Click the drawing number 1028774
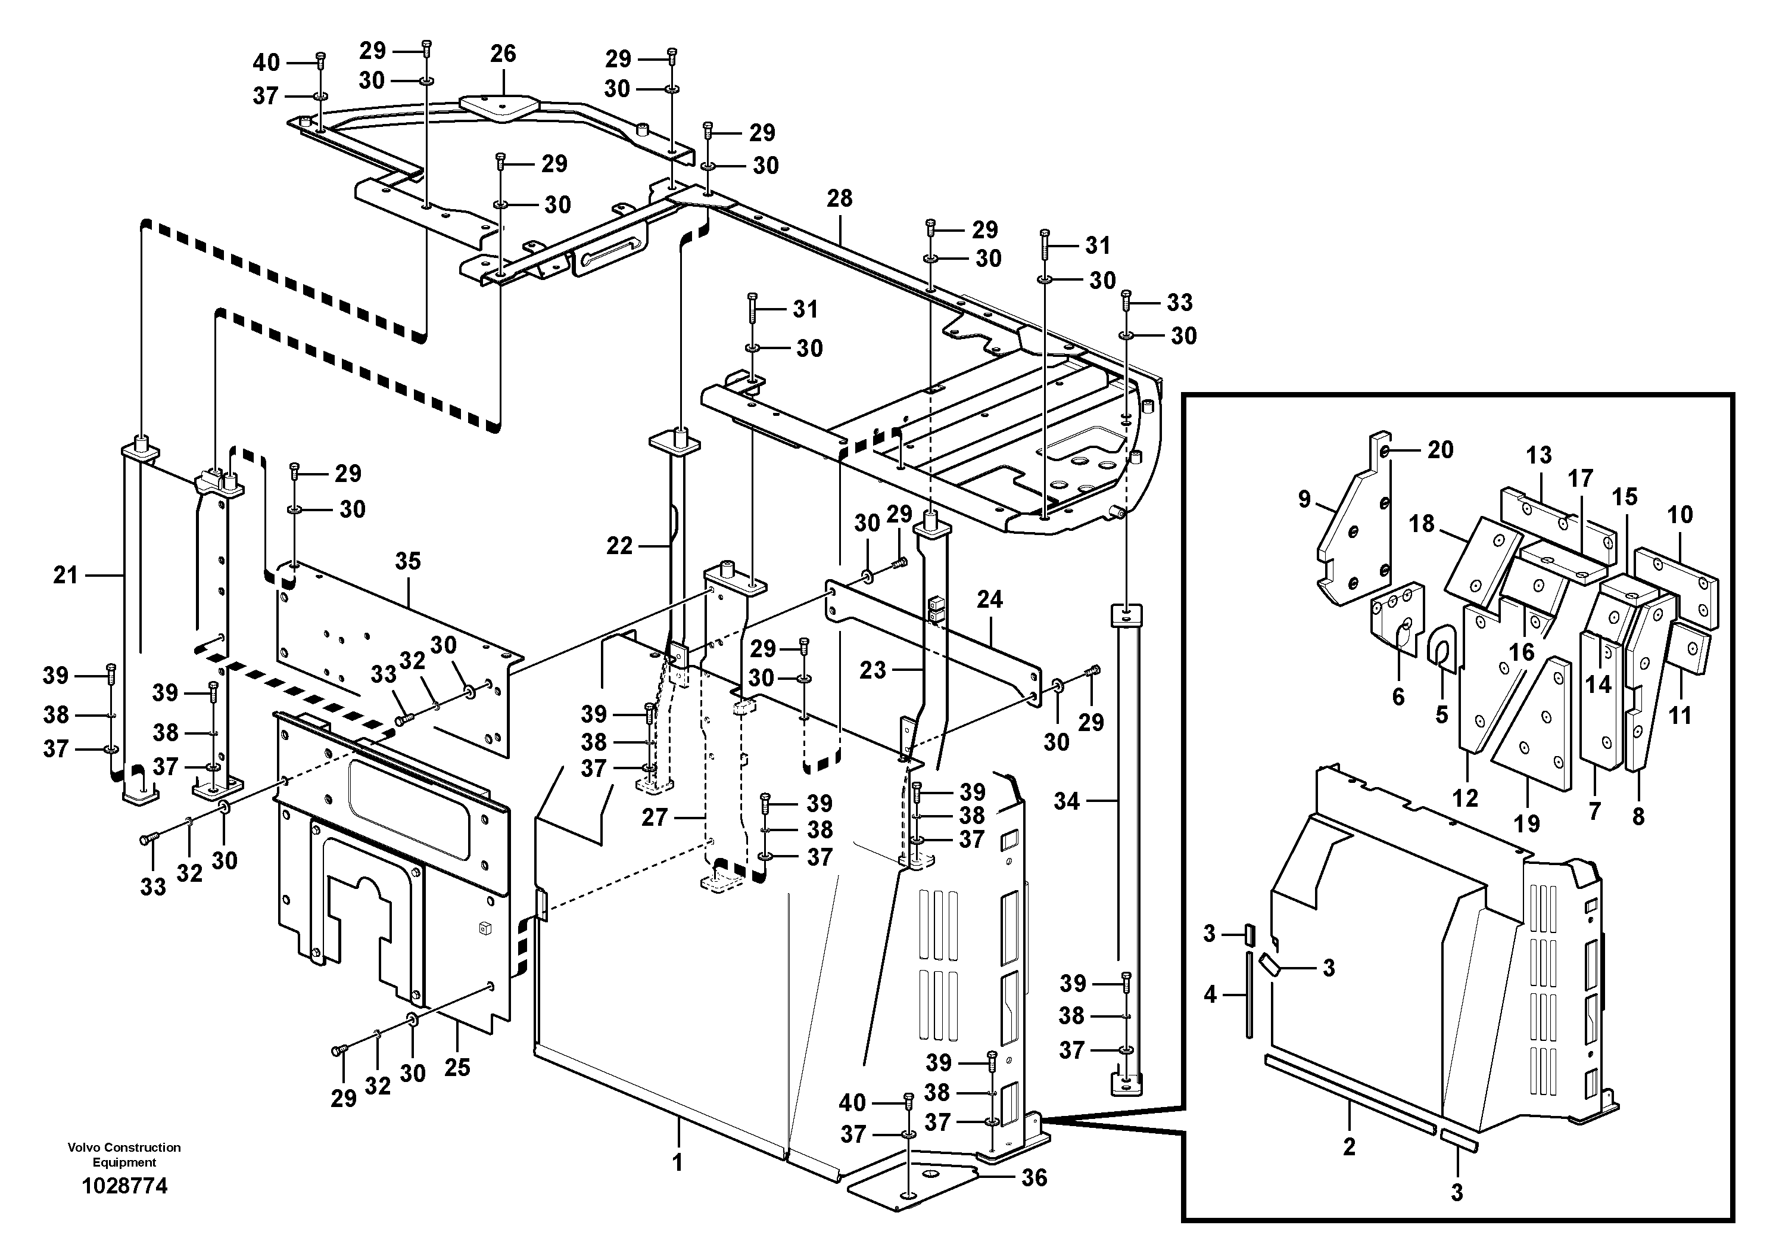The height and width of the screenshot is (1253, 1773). (124, 1186)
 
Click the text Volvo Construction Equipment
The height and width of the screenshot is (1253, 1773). (124, 1155)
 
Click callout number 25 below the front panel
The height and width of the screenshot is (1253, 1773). (457, 1068)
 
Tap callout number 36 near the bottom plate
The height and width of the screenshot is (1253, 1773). (1034, 1177)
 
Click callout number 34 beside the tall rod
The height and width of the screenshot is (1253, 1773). (1067, 801)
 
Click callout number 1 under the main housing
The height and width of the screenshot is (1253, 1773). (677, 1162)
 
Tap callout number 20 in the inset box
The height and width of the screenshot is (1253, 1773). (1440, 450)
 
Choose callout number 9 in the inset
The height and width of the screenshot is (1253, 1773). (1304, 500)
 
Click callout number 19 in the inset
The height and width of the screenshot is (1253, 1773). (1526, 823)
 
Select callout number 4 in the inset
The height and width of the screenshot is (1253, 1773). (1210, 994)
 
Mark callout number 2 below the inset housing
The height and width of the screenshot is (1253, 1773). (1349, 1146)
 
